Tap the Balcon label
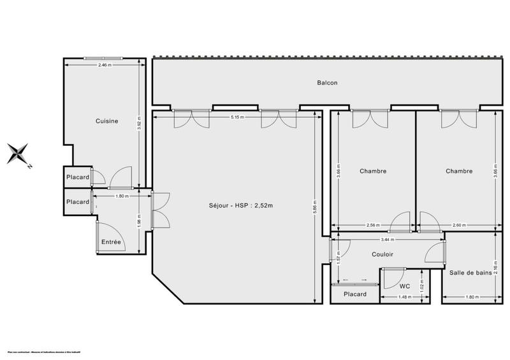tap(327, 83)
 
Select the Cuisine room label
tap(106, 121)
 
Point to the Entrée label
tap(111, 242)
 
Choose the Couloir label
tap(382, 254)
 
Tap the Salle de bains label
tap(470, 273)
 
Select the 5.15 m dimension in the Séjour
tap(238, 117)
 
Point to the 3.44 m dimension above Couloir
tap(387, 240)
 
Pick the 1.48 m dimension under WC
tap(404, 298)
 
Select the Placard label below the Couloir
tap(355, 294)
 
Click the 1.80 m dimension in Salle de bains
tap(470, 298)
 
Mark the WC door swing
tap(388, 279)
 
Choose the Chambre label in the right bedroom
tap(459, 171)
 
